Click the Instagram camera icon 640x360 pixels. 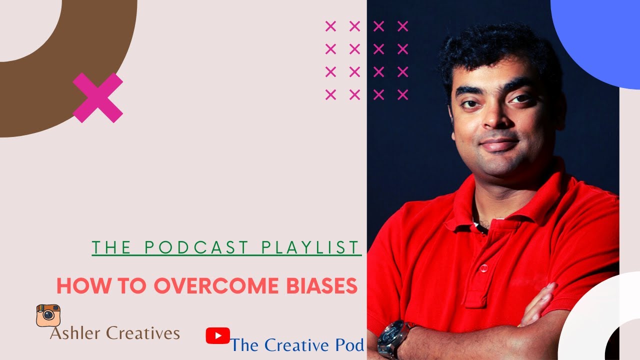tap(48, 315)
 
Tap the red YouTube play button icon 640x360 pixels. tap(218, 335)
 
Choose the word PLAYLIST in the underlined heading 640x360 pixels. tap(310, 247)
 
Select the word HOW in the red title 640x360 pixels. tap(74, 286)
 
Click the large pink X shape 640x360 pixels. tap(98, 98)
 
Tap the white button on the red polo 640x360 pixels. tap(483, 268)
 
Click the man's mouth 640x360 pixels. tap(498, 145)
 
